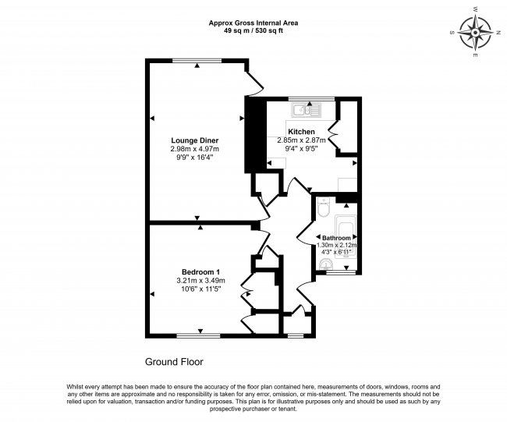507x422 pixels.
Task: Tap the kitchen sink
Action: [x=307, y=111]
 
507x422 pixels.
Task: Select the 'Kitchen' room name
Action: [x=301, y=131]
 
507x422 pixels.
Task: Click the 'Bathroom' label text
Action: [x=337, y=237]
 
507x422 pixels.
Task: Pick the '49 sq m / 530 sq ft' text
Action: [x=253, y=30]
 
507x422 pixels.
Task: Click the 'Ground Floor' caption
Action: [x=174, y=362]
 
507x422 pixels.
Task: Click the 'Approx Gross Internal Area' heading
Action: [x=253, y=22]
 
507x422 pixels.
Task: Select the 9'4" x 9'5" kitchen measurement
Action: [x=301, y=148]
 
